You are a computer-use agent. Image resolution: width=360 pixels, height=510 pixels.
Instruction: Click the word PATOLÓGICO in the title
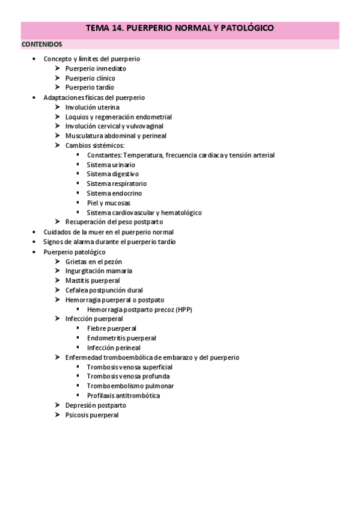click(247, 28)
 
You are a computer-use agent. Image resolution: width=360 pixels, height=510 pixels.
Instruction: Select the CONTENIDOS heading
click(41, 45)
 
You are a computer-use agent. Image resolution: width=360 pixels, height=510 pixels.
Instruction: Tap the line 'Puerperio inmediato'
click(96, 69)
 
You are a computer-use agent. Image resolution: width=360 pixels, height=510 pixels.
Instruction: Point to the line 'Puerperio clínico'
click(90, 78)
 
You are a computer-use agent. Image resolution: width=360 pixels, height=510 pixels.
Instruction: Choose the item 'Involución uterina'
click(92, 107)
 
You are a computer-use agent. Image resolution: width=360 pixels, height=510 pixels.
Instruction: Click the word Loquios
click(77, 117)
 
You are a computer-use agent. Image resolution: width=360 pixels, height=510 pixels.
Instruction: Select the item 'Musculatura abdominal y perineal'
click(115, 136)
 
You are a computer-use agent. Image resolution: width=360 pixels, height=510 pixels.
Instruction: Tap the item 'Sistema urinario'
click(111, 165)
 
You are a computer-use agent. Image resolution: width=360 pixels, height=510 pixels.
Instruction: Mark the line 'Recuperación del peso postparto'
click(114, 223)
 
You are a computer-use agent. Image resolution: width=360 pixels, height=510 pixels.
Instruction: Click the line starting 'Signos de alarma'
click(109, 242)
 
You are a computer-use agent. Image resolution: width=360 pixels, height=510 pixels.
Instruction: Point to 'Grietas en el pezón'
click(93, 261)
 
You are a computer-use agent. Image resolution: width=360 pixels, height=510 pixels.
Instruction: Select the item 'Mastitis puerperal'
click(93, 280)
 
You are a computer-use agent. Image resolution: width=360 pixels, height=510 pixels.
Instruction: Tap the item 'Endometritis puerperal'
click(121, 338)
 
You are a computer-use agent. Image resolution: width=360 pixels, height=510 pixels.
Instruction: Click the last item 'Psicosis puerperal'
click(92, 415)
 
